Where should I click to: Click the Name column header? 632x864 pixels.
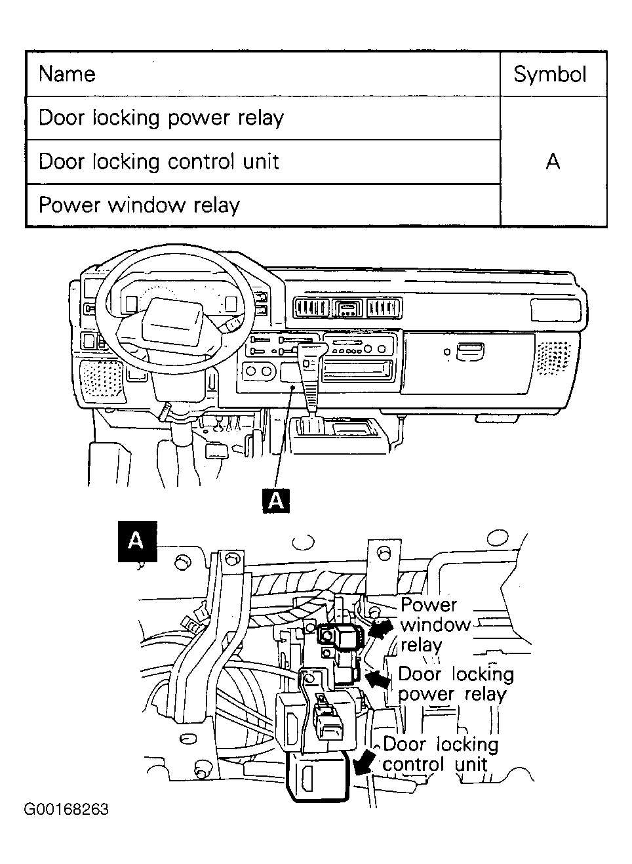67,74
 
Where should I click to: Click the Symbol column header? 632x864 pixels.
549,74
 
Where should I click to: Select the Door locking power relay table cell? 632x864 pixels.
161,118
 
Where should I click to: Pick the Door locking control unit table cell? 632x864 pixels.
159,161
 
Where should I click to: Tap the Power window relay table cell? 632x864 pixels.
139,205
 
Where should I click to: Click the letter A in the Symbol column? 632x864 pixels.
553,161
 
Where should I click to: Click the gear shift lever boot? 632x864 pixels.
309,381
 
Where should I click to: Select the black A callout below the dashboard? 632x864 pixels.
276,501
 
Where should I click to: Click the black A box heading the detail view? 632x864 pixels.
136,541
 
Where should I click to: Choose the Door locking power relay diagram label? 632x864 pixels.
455,684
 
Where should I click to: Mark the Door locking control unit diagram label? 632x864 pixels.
439,754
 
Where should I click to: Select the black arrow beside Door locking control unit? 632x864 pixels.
363,762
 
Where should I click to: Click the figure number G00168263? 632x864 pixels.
66,809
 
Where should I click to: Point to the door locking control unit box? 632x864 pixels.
317,776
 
